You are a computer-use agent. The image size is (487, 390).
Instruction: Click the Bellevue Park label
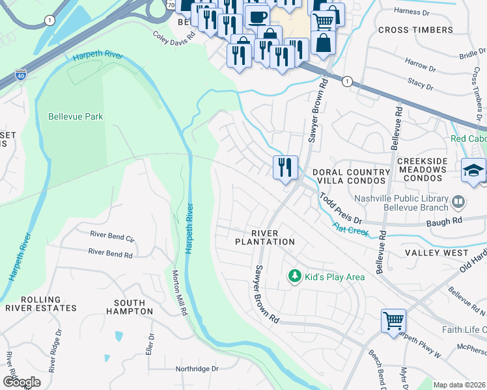click(x=76, y=117)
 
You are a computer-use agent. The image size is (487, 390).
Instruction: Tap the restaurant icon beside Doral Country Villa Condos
click(x=285, y=168)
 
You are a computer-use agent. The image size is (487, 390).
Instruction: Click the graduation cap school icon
click(x=473, y=170)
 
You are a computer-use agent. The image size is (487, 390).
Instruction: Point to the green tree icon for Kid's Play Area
click(x=295, y=277)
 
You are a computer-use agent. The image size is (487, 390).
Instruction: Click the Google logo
click(x=21, y=382)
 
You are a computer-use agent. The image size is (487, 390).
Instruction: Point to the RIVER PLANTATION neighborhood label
click(x=265, y=237)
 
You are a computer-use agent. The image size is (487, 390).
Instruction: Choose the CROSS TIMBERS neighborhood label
click(x=415, y=30)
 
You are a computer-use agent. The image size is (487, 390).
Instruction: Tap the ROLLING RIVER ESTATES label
click(x=40, y=303)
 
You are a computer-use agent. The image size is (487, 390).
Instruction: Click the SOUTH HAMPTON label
click(x=133, y=307)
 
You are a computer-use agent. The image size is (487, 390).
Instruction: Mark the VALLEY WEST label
click(x=436, y=252)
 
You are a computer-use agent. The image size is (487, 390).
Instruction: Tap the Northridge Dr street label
click(x=197, y=369)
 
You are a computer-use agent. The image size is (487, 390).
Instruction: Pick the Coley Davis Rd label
click(x=174, y=37)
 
